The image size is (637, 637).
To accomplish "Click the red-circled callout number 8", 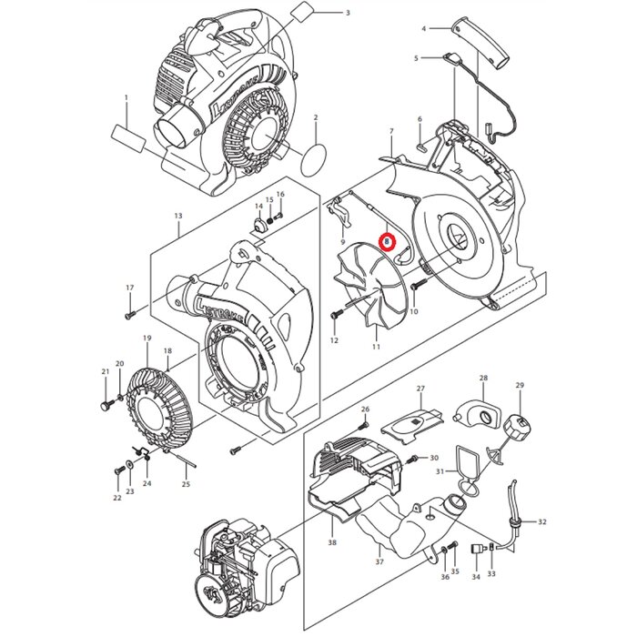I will click(x=389, y=241).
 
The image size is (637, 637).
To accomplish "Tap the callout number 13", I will click(x=178, y=217).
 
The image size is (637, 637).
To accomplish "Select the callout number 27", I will click(x=420, y=389).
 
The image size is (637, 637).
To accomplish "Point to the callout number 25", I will click(x=186, y=484).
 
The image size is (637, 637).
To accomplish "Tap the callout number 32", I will click(x=542, y=521).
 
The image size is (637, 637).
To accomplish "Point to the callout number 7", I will click(x=391, y=133).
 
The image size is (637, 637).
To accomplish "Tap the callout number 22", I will click(x=116, y=498).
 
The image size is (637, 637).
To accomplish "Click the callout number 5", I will click(x=416, y=58).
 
